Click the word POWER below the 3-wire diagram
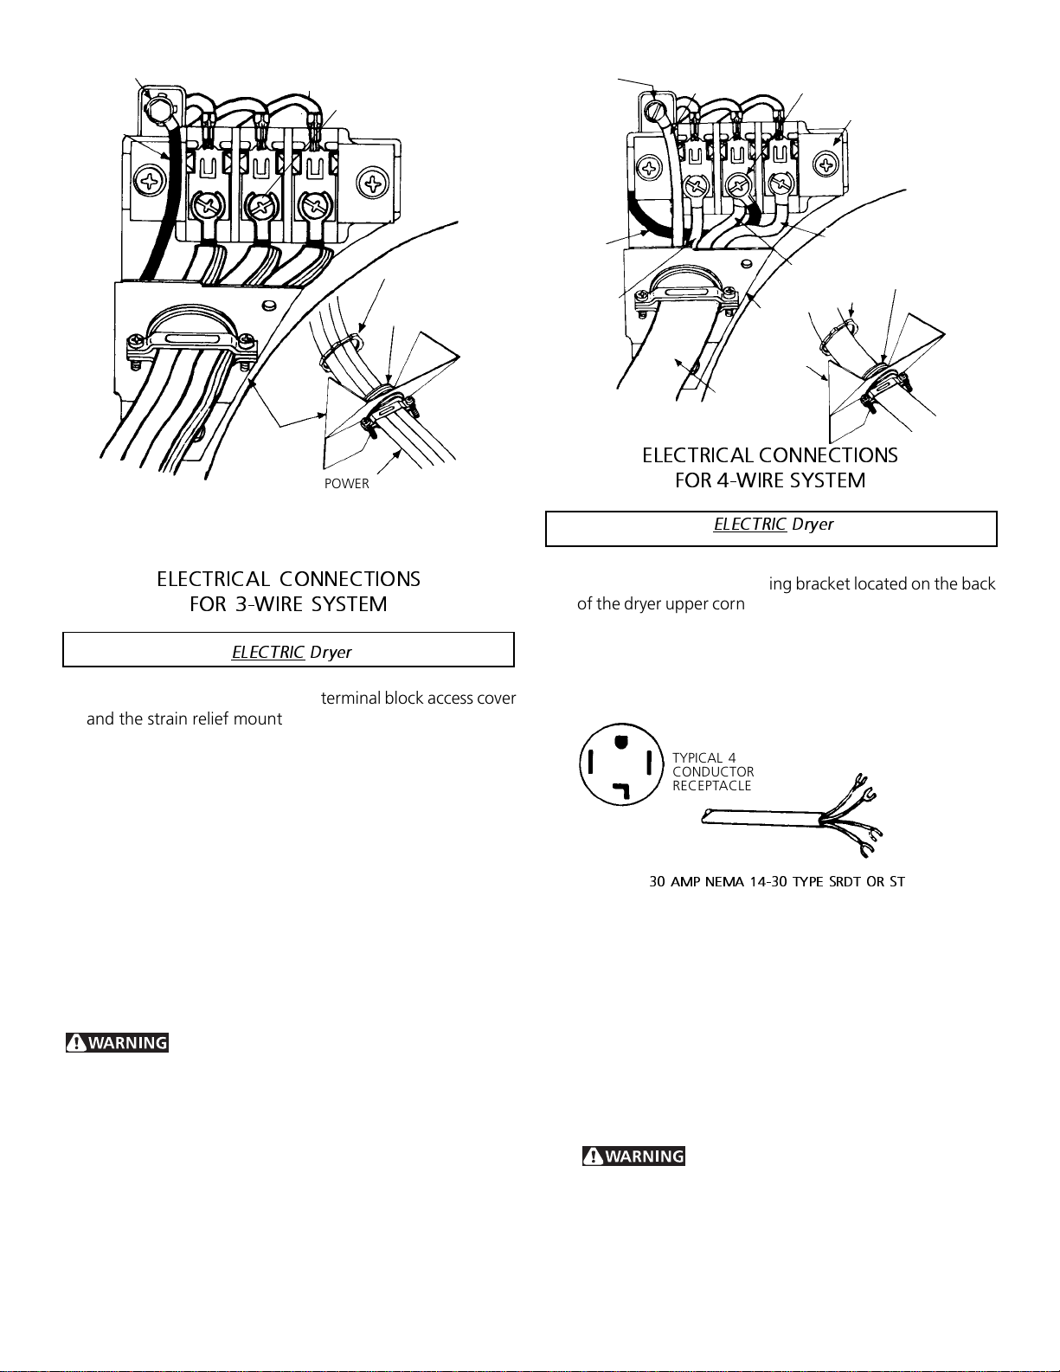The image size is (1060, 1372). click(346, 484)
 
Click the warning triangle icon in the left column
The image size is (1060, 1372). click(76, 1042)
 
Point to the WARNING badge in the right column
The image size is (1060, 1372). click(633, 1156)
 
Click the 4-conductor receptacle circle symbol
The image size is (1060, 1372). click(621, 764)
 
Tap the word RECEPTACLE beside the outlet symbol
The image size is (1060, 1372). click(711, 786)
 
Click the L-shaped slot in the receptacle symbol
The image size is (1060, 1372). click(623, 790)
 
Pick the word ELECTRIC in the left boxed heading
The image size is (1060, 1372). click(268, 652)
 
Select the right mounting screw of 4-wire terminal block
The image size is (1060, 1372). click(826, 164)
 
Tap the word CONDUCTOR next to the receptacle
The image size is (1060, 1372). click(713, 771)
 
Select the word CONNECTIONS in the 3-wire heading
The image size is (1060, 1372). click(350, 579)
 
